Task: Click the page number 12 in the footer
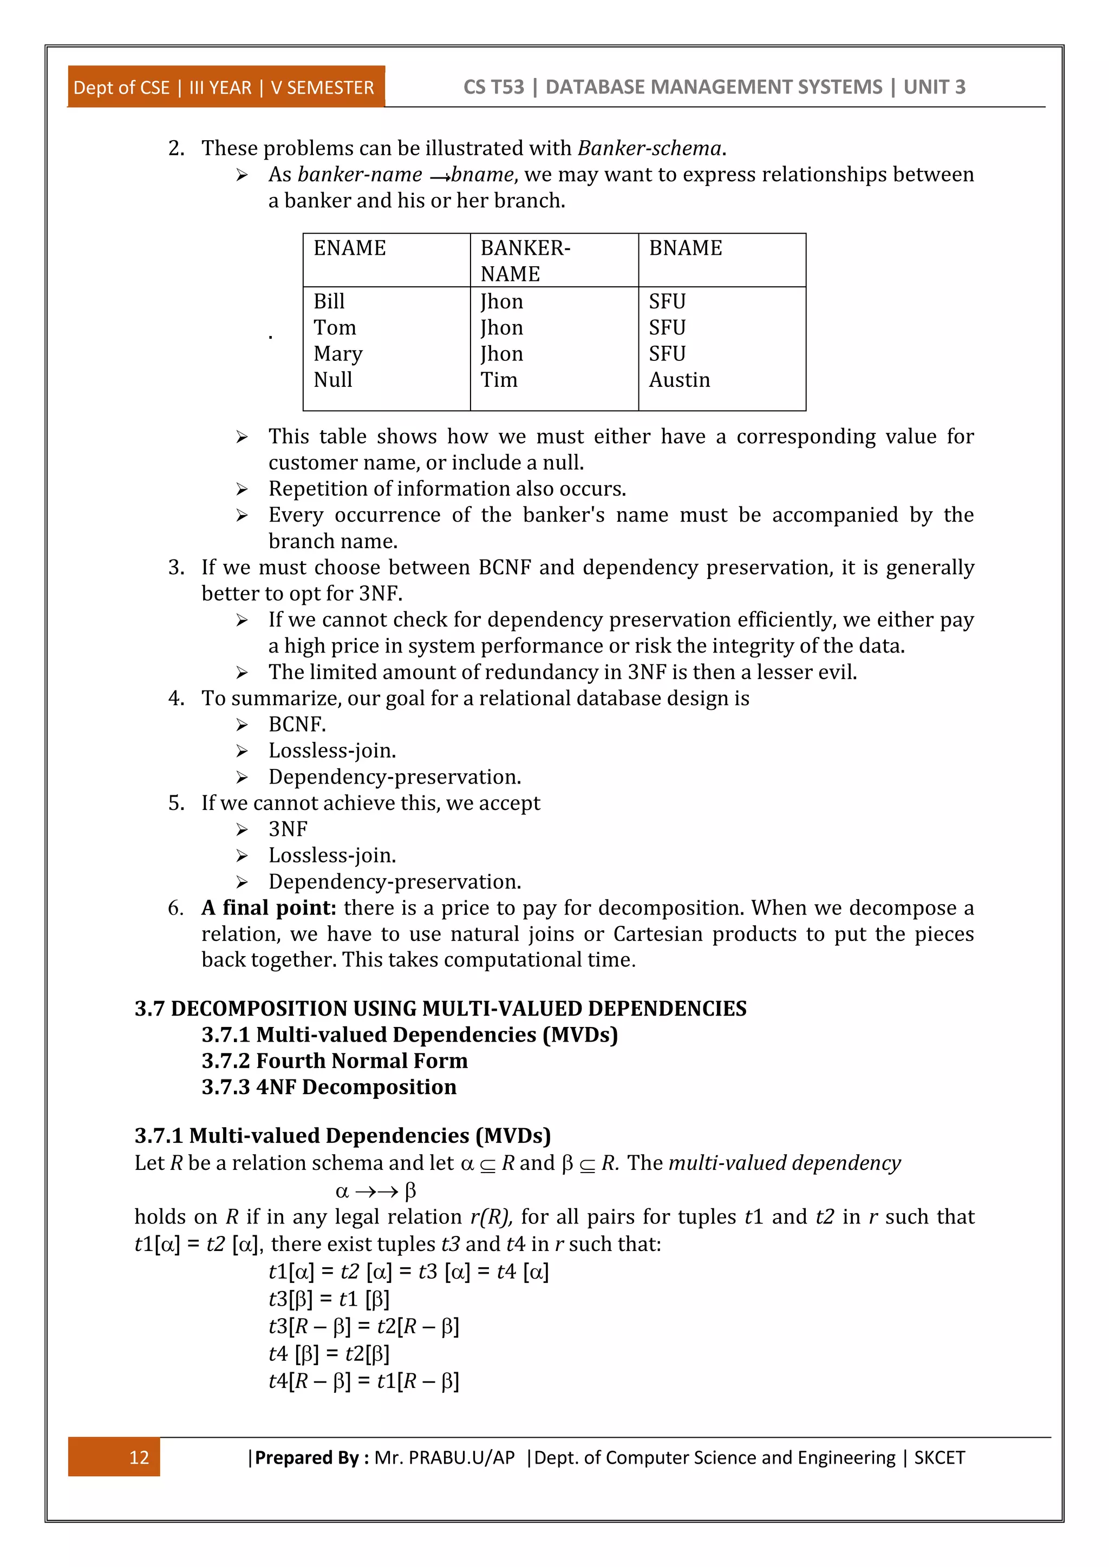(x=139, y=1458)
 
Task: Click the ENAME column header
(x=350, y=248)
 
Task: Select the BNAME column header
(x=685, y=248)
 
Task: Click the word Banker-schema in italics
(x=649, y=148)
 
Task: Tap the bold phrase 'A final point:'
(x=269, y=908)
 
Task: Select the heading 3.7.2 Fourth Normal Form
(x=335, y=1061)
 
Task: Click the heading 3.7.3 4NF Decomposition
(x=329, y=1087)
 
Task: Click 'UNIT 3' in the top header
(x=934, y=87)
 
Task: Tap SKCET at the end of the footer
(x=939, y=1458)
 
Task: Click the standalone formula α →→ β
(x=376, y=1191)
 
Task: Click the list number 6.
(x=175, y=908)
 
